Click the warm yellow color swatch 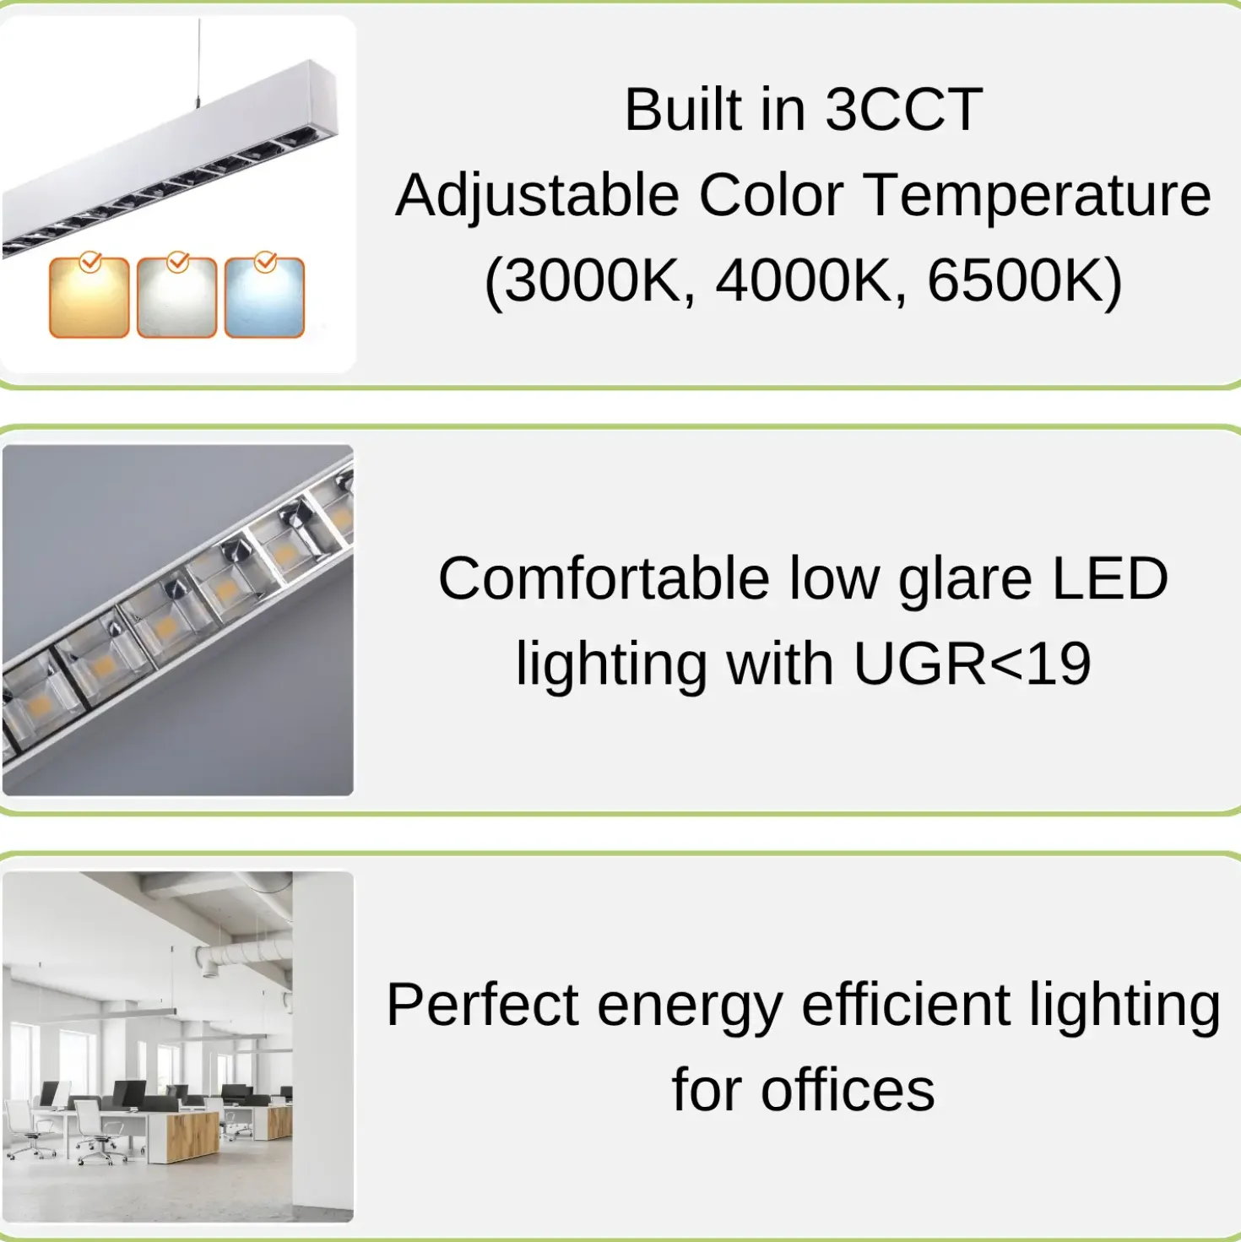coord(89,297)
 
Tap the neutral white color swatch coord(176,297)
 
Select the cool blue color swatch coord(264,297)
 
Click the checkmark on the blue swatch coord(265,261)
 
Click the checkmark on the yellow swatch coord(90,261)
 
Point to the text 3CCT coord(904,110)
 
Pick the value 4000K coord(803,280)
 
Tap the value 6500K coord(1016,280)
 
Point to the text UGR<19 coord(973,664)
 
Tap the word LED coord(1110,578)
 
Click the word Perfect coord(482,1005)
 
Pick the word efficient coord(906,1005)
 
